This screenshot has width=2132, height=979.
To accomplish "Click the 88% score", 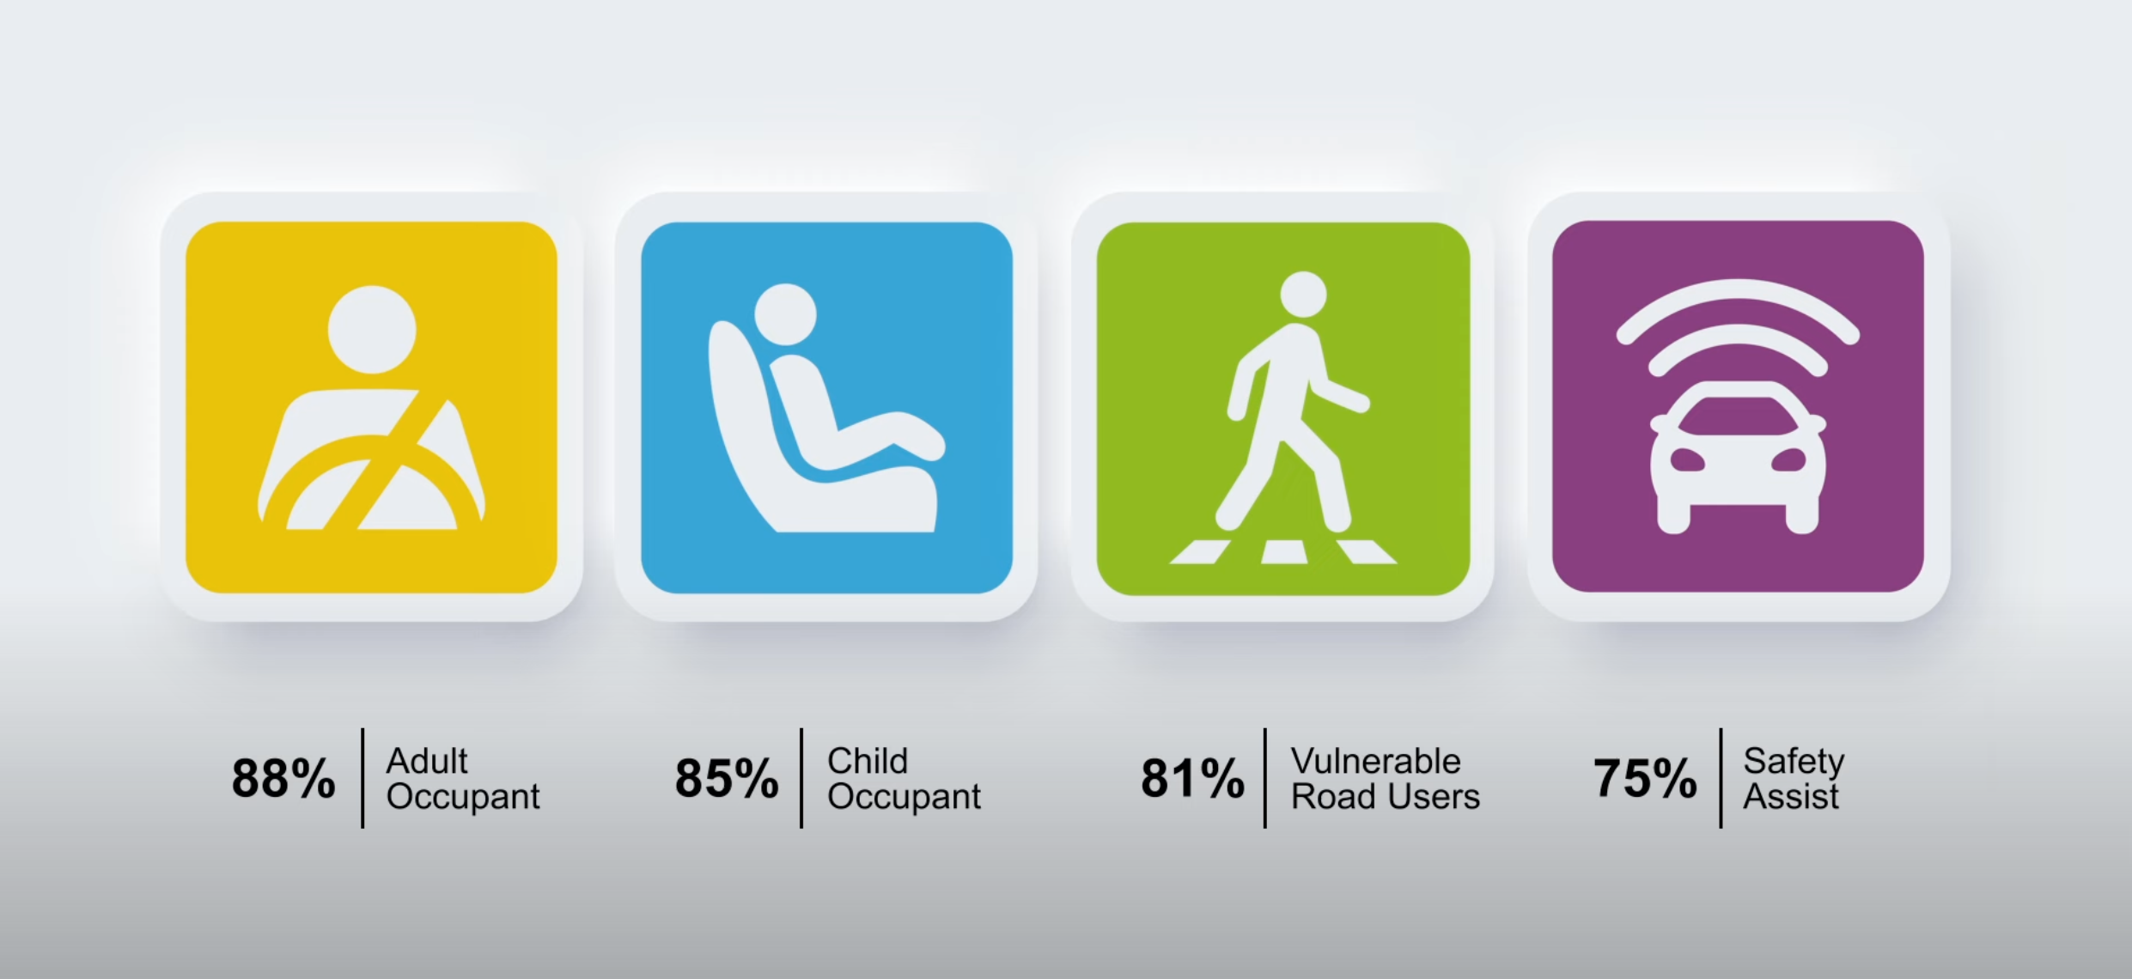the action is click(283, 779).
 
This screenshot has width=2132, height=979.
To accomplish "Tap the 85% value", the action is click(727, 779).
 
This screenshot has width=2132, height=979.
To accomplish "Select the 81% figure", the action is click(1192, 779).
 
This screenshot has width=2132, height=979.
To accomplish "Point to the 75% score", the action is click(1645, 779).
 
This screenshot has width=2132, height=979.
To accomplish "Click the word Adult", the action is click(427, 761).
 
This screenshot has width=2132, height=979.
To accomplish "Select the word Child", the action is click(868, 761).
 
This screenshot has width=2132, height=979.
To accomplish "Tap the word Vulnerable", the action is click(1376, 761).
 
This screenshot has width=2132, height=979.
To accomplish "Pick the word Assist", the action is click(1791, 796).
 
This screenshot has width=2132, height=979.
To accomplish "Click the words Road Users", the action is click(1386, 796).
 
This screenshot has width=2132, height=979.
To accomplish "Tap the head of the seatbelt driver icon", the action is click(372, 330).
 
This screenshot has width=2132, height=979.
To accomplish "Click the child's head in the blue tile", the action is click(785, 314).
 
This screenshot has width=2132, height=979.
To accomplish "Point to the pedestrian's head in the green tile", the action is click(1303, 295).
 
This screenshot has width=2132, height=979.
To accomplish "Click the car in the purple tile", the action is click(1738, 458).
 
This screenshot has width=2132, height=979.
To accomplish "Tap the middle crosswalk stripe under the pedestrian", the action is click(1284, 552).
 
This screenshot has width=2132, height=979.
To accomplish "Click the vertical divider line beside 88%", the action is click(362, 778).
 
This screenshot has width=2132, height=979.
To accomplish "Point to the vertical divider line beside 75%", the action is click(1721, 778).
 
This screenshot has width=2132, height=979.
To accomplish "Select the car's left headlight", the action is click(1687, 460).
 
